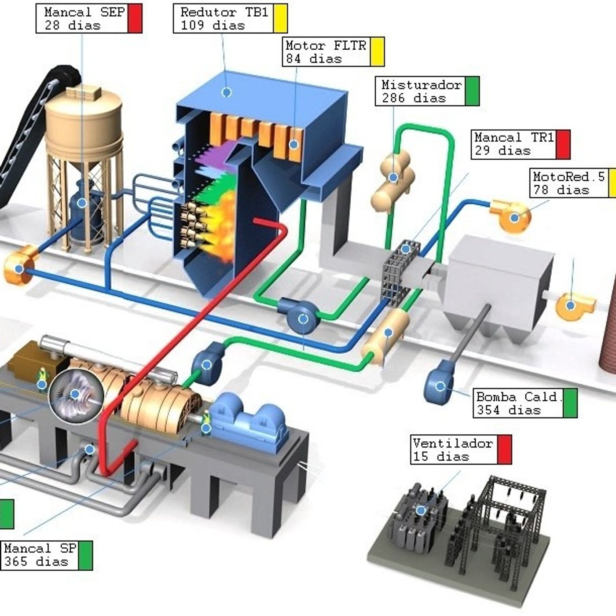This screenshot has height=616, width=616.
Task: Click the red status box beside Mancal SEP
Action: (135, 18)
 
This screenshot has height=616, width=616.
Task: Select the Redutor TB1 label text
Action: (224, 12)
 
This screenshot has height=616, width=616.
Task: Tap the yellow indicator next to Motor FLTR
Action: (377, 52)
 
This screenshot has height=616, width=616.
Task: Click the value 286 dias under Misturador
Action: (414, 98)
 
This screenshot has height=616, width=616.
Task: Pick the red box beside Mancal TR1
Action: (563, 144)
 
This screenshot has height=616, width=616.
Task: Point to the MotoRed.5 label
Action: (568, 177)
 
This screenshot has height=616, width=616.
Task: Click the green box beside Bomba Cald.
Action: (570, 403)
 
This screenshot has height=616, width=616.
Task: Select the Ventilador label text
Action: (453, 444)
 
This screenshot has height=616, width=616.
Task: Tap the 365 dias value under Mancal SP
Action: (36, 562)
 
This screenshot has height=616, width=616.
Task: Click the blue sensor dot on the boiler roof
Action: (227, 92)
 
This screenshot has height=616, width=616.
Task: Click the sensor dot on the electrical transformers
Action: (421, 510)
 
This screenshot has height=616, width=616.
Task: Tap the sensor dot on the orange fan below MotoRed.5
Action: (514, 217)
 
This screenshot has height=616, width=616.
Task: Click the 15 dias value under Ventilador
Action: (440, 457)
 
